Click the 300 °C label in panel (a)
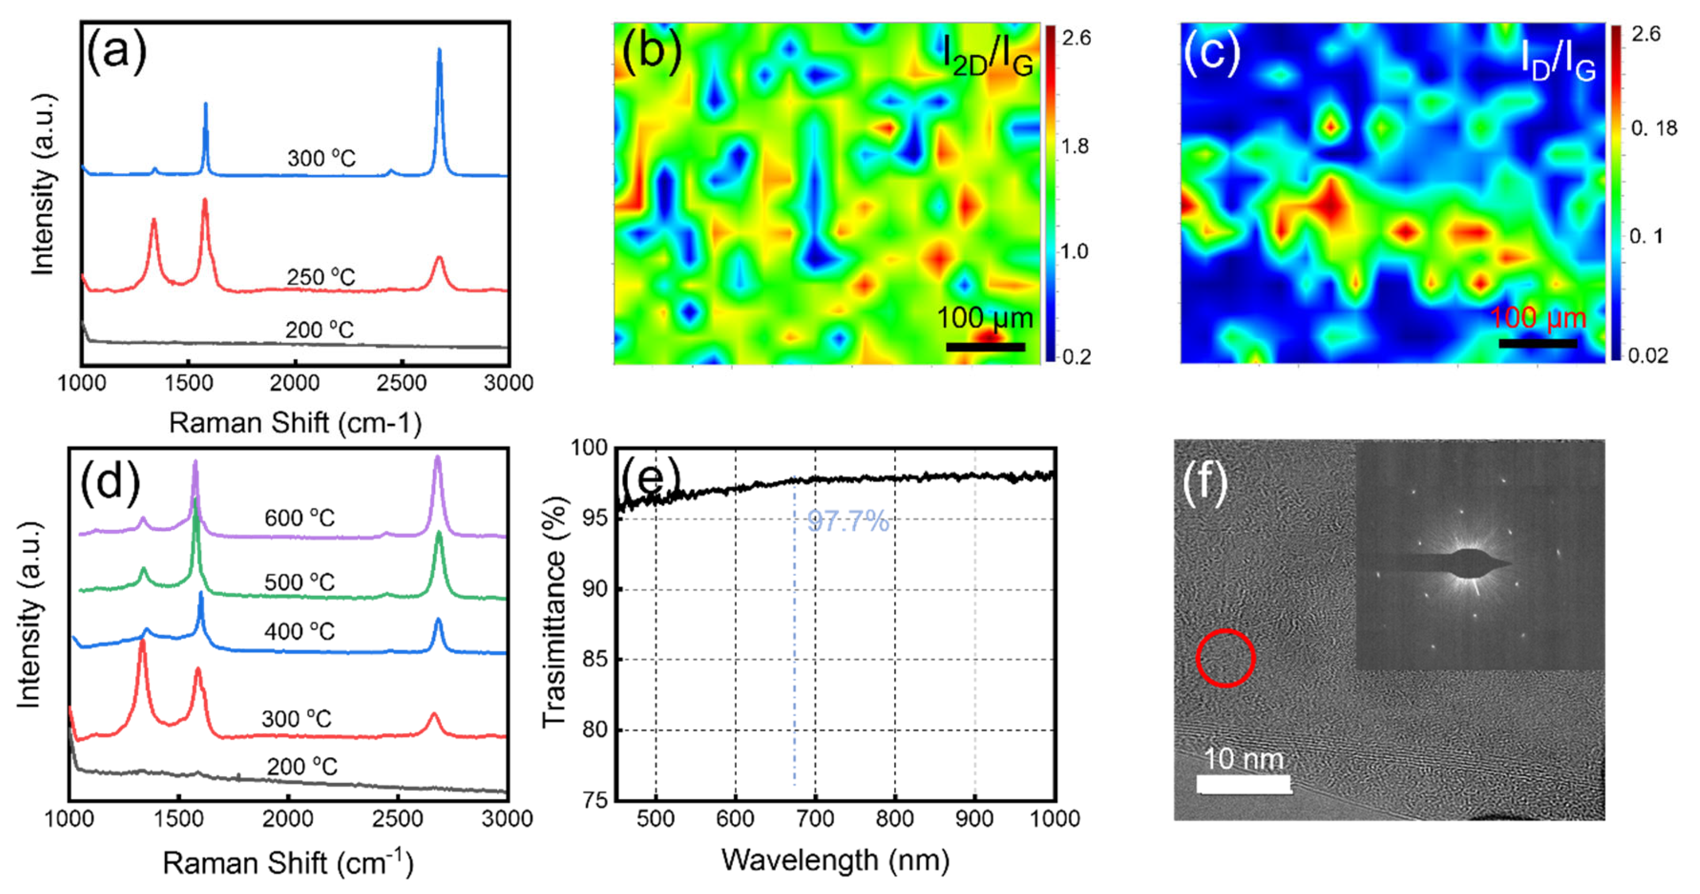coord(322,158)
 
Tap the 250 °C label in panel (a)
coord(321,277)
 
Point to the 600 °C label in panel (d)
coord(300,518)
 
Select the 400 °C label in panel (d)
coord(300,631)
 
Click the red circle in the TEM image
coord(1225,658)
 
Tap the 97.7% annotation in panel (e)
coord(848,522)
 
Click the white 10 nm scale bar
coord(1244,784)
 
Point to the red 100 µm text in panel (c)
coord(1538,318)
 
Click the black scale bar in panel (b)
coord(985,347)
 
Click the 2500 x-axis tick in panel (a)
coord(401,383)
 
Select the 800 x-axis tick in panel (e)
coord(895,819)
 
